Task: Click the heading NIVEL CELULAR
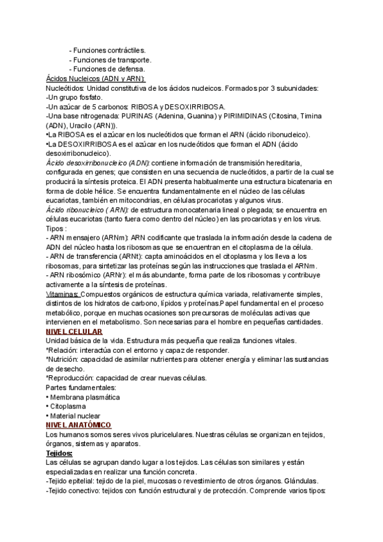[x=75, y=332]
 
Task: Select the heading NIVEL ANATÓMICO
[x=79, y=425]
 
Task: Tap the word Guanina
[x=220, y=116]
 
